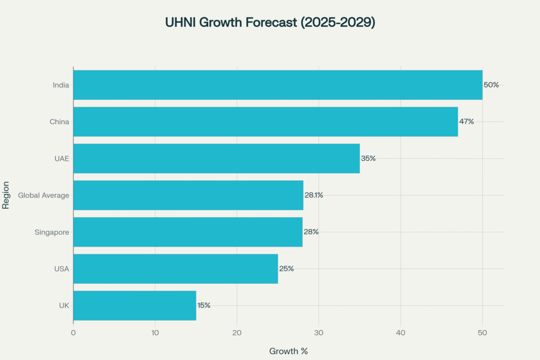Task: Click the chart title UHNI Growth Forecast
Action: pos(269,23)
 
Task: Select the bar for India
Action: pos(277,85)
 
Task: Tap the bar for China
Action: pos(265,122)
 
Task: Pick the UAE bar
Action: pos(216,158)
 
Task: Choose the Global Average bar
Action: pos(188,195)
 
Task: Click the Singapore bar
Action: pos(188,232)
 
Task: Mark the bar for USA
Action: pos(176,268)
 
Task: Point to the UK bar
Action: pos(134,305)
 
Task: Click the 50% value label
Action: pos(491,85)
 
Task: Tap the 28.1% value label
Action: pos(314,195)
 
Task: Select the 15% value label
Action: pos(204,305)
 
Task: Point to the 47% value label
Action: pos(466,122)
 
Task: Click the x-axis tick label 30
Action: pos(319,333)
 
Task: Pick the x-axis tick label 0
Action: pos(73,333)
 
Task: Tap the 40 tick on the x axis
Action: pos(400,333)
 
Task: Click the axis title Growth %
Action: pos(288,351)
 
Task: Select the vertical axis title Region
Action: pos(6,195)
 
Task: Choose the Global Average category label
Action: pos(44,195)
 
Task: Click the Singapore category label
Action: pos(52,232)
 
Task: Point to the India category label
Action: pos(61,85)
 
